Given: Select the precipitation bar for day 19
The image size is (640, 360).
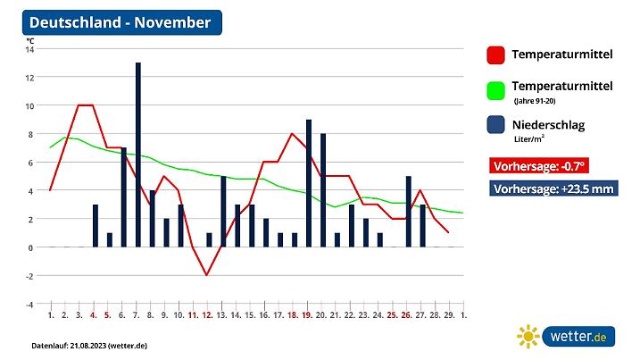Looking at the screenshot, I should point(309,183).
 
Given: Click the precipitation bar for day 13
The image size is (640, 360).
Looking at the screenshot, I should point(223,212).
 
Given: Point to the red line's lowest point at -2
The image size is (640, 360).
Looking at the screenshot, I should point(207,275).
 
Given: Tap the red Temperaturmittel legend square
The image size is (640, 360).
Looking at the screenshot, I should point(496,55).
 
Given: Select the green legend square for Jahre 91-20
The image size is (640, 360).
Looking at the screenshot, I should point(496,90).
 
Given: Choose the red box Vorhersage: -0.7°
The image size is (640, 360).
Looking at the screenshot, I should point(539,165).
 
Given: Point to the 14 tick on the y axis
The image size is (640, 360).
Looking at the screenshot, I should point(29,49).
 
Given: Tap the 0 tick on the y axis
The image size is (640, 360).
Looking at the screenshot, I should point(30,247).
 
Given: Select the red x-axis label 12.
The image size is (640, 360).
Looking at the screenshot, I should point(207,315).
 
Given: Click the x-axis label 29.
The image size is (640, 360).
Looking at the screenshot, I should point(449,315).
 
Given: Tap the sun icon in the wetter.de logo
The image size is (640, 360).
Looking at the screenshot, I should point(529,336).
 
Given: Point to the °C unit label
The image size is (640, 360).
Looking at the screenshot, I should point(30,41).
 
